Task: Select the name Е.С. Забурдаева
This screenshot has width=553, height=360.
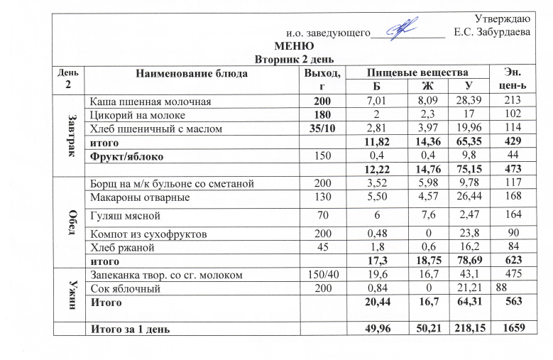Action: [x=491, y=33]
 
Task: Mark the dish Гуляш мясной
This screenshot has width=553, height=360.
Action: [x=122, y=215]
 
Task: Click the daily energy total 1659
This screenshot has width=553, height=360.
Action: [x=511, y=329]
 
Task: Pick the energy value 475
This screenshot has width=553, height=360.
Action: [x=511, y=275]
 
